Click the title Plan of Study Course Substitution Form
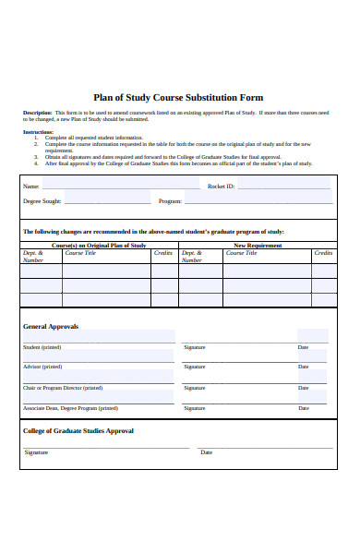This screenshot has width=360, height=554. (179, 97)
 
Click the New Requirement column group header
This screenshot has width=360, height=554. (258, 246)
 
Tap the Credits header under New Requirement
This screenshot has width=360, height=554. (323, 252)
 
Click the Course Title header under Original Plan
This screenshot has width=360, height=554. (80, 252)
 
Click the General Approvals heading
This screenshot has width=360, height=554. (51, 326)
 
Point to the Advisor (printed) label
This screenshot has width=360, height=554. (42, 367)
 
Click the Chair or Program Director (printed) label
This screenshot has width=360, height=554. (63, 388)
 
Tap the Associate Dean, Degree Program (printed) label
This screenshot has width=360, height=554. (70, 407)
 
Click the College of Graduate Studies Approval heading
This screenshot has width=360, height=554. (78, 430)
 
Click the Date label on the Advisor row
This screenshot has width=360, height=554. (303, 367)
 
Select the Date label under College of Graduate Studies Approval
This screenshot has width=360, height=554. (206, 452)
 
